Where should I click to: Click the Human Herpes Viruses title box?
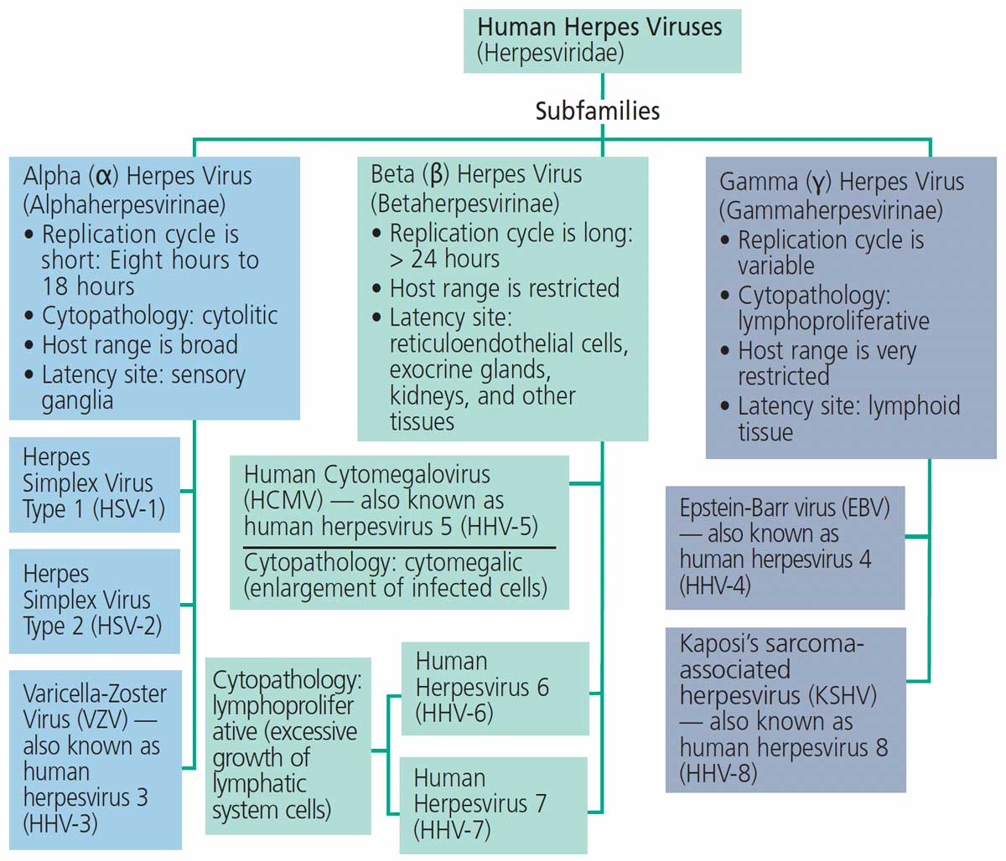(602, 40)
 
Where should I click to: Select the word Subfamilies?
(598, 111)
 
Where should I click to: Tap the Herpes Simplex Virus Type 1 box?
(94, 483)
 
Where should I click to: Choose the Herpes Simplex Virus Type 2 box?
(94, 600)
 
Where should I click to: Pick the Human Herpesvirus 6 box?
(495, 688)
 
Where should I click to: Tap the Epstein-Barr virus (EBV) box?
(785, 546)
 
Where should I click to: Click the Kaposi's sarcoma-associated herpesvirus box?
(785, 709)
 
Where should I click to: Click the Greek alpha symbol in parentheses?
(103, 177)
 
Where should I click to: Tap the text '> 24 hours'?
(444, 260)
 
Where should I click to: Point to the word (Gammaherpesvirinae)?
(831, 209)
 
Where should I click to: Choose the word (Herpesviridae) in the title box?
(550, 53)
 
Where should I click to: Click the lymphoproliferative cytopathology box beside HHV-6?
(288, 745)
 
